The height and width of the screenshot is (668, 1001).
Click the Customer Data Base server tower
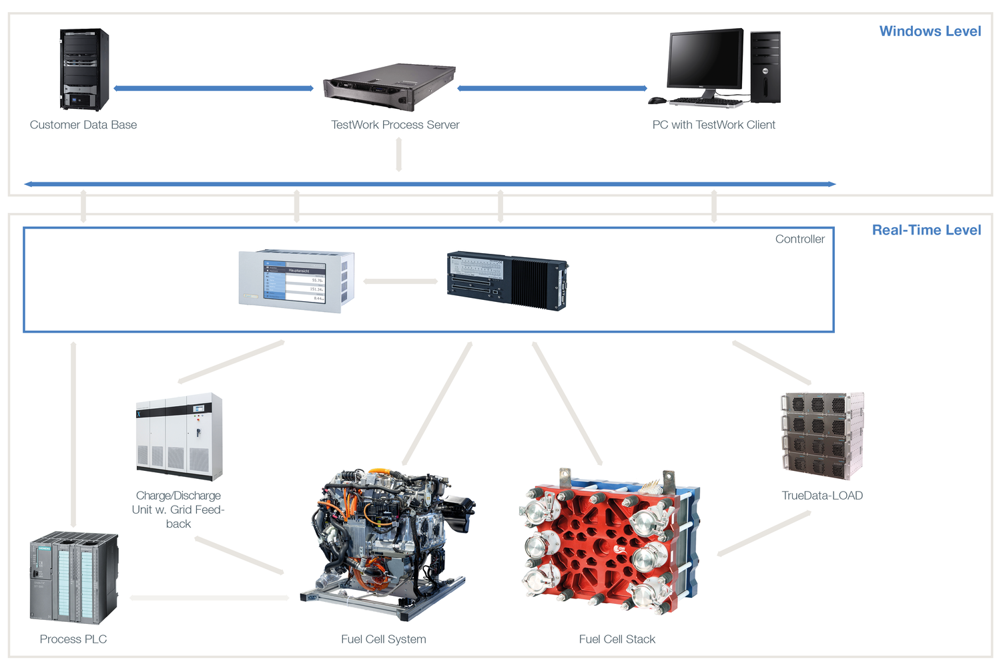coord(84,69)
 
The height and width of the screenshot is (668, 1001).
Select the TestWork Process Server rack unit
coord(390,88)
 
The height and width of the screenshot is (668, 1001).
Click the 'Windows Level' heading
coord(930,31)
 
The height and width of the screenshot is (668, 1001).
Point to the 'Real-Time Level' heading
coord(926,230)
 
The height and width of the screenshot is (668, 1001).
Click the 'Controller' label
coord(799,239)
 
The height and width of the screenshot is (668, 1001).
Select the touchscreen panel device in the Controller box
coord(296,281)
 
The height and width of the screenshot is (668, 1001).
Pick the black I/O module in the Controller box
coord(507,281)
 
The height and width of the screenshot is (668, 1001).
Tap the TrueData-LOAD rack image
coord(822,436)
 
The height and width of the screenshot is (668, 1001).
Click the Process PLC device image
coord(74,578)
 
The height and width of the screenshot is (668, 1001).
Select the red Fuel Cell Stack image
coord(609,541)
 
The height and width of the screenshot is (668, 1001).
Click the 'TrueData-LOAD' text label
coord(822,496)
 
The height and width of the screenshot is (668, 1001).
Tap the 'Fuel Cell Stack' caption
coord(617,639)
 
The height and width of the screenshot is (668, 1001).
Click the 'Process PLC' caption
coord(73,639)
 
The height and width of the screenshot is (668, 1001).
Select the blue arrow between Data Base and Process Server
coord(214,88)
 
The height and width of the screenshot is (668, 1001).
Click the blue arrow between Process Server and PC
coord(552,88)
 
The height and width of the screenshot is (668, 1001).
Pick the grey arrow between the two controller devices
coord(400,281)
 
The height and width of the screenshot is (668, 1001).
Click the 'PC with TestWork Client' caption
coord(713,125)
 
